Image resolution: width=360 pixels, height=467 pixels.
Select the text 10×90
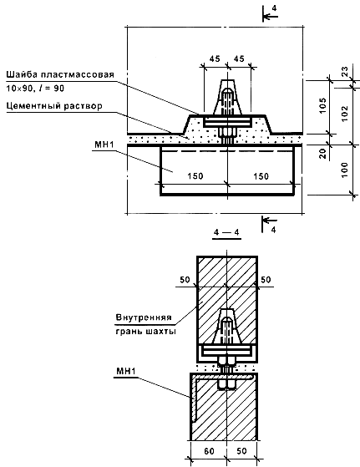pyautogui.click(x=19, y=89)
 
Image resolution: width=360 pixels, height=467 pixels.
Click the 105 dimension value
pyautogui.click(x=322, y=105)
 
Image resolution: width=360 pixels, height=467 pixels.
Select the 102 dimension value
pyautogui.click(x=344, y=113)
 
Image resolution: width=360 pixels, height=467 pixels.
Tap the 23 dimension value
pyautogui.click(x=344, y=72)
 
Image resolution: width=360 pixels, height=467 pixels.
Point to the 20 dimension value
pyautogui.click(x=322, y=154)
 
